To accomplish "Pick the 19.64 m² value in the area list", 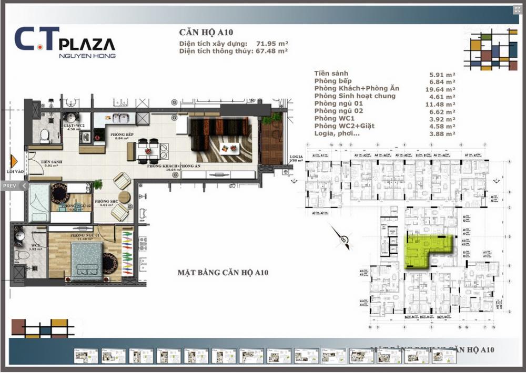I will point(442,89).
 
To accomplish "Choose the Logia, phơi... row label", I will point(337,134).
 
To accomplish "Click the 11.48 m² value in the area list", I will point(442,104).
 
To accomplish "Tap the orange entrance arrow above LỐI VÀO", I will point(14,161).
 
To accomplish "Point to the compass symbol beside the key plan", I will point(343,240).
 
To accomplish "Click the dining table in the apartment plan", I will point(147,151).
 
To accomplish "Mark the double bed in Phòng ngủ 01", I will point(87,261).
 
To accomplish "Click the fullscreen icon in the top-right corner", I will point(517,10).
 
